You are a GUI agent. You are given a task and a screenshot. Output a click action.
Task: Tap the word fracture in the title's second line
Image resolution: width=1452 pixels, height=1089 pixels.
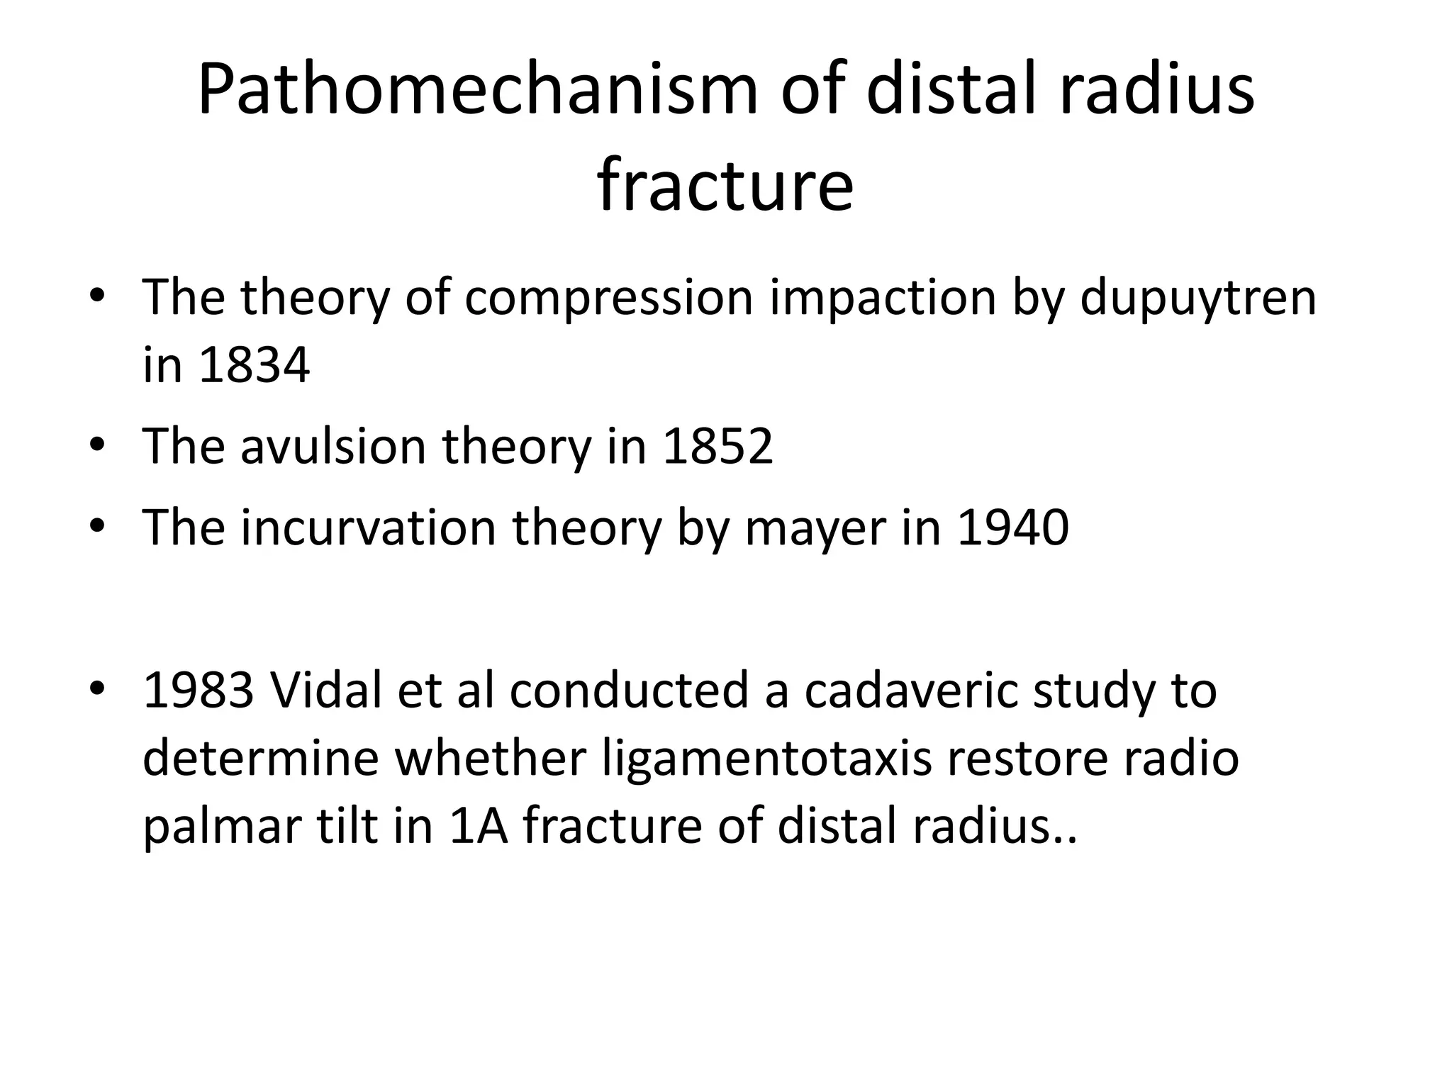pos(725,186)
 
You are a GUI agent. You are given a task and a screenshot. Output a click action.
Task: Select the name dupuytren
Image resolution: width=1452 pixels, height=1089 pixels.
pos(1197,298)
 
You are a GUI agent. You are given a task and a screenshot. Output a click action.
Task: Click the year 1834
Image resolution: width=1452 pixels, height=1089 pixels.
pos(255,366)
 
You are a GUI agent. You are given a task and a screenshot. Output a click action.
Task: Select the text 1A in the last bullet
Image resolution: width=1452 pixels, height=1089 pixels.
pos(479,825)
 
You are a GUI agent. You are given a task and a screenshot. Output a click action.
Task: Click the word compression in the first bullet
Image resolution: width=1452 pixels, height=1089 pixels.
pos(608,298)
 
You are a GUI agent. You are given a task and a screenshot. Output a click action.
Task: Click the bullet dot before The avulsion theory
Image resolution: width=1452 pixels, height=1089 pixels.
pos(97,445)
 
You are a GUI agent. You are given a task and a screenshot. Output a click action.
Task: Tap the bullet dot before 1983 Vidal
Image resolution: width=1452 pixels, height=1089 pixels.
pos(97,688)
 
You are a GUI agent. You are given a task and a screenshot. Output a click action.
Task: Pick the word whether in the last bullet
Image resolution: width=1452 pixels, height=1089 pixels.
pos(490,758)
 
